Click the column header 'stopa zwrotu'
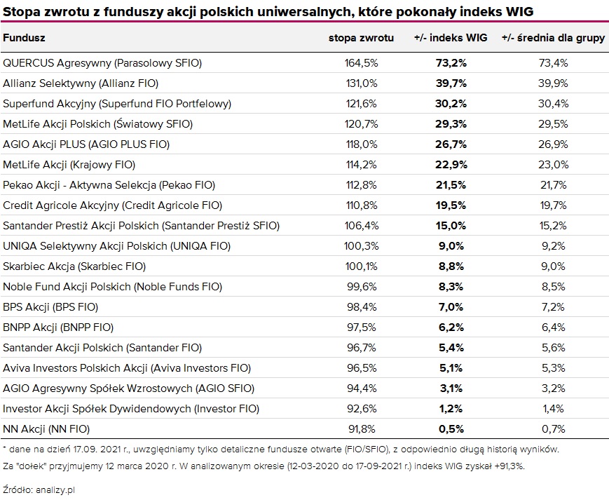tap(361, 38)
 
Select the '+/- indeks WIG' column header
tap(450, 38)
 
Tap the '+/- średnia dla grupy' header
tap(553, 38)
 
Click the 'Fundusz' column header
tap(25, 38)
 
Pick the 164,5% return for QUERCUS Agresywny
tap(362, 63)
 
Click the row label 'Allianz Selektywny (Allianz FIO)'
tap(81, 83)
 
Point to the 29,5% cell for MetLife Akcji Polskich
tap(553, 124)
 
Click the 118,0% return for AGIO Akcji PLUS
tap(362, 144)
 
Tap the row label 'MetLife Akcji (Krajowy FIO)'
tap(69, 165)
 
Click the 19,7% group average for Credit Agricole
tap(553, 205)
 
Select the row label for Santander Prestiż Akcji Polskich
tap(141, 226)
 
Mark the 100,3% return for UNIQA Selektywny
tap(362, 246)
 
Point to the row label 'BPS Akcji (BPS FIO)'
tap(50, 307)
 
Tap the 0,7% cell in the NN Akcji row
tap(553, 428)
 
